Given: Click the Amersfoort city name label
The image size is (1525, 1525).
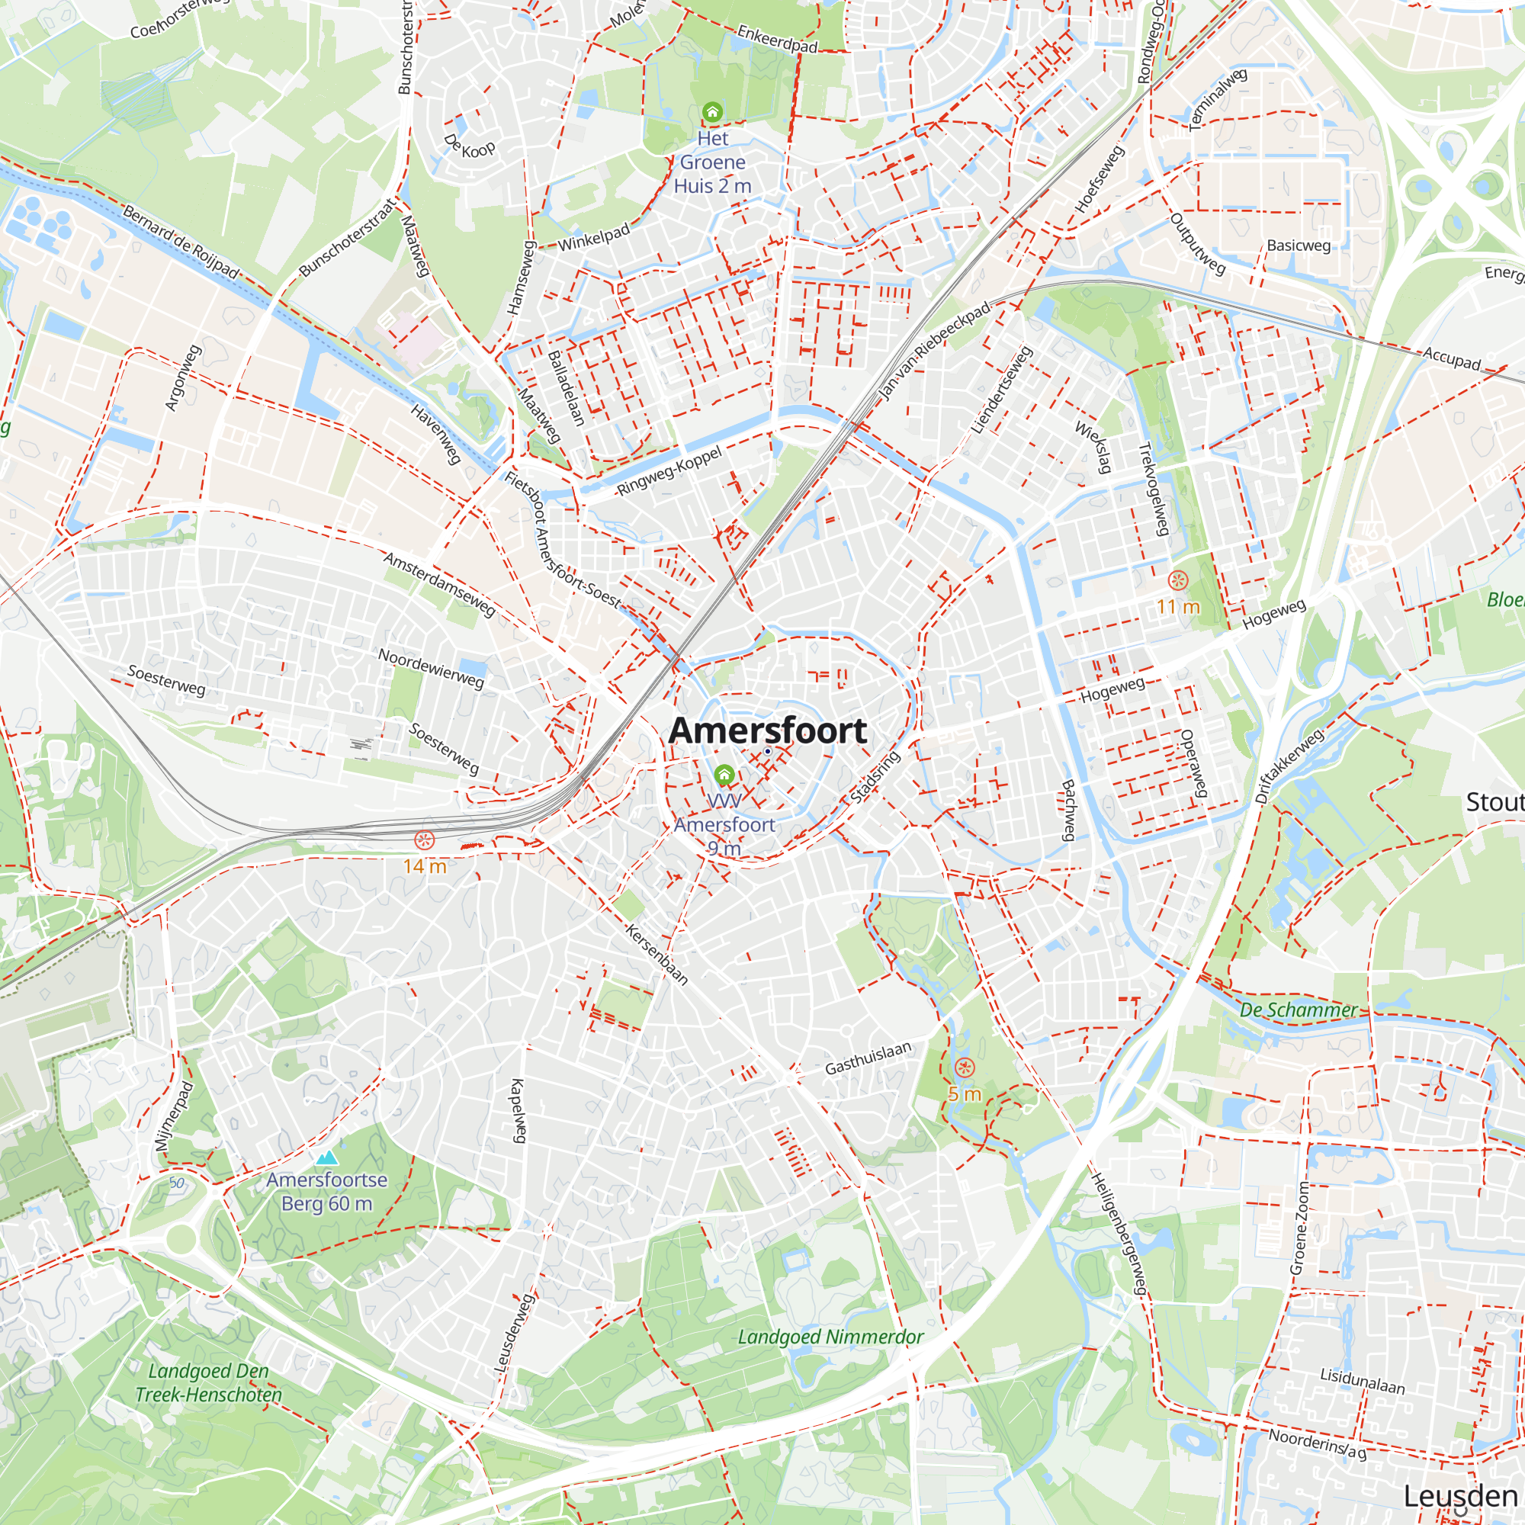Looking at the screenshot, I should click(x=767, y=731).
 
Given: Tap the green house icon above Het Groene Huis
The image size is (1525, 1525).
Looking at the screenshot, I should click(x=712, y=112).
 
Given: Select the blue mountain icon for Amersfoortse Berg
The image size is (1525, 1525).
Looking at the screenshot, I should click(x=326, y=1158).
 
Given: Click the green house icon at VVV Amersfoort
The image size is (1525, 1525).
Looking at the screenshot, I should click(x=724, y=775).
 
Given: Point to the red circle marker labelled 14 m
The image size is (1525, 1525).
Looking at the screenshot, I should click(x=425, y=840).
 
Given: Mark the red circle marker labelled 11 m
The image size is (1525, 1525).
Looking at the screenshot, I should click(x=1178, y=581).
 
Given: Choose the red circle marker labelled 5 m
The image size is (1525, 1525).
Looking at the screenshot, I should click(x=965, y=1068).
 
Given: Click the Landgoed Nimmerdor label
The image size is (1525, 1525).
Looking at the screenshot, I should click(x=830, y=1337).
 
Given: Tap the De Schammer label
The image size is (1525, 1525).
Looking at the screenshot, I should click(x=1298, y=1010).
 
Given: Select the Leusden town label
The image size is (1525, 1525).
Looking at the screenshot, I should click(x=1460, y=1495).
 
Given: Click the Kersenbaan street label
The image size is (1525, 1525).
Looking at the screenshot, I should click(x=657, y=955).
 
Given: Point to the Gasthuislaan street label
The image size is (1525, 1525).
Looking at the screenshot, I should click(x=868, y=1058).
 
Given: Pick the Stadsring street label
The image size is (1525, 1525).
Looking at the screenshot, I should click(x=875, y=778).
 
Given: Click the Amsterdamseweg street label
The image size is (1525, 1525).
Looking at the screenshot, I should click(x=440, y=584).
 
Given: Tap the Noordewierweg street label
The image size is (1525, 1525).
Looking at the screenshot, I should click(x=431, y=668).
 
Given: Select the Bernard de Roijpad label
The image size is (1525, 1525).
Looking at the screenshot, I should click(x=181, y=241).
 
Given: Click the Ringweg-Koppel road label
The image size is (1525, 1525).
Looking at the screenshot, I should click(x=669, y=471).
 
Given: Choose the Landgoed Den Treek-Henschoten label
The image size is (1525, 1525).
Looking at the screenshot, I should click(x=208, y=1382).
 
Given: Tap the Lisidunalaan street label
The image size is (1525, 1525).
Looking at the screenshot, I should click(x=1363, y=1381).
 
